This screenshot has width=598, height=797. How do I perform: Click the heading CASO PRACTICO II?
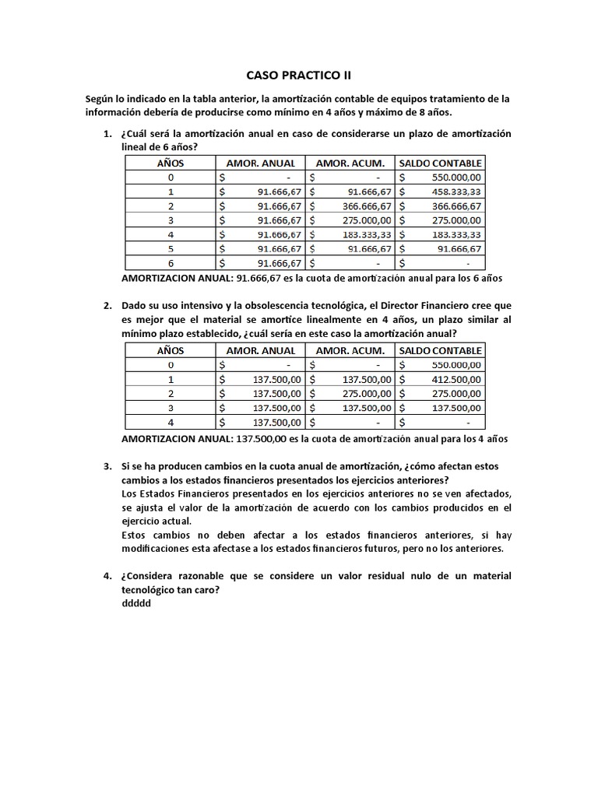tap(298, 75)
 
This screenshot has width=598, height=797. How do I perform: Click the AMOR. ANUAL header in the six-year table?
tap(261, 163)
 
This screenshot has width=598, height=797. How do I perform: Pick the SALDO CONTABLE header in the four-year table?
tap(441, 351)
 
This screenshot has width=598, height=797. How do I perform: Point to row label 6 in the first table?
tap(171, 262)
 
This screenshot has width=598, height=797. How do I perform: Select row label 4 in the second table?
tap(171, 422)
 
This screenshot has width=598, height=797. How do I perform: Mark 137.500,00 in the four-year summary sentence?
tap(261, 438)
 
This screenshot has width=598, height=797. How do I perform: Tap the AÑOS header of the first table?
tap(171, 163)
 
